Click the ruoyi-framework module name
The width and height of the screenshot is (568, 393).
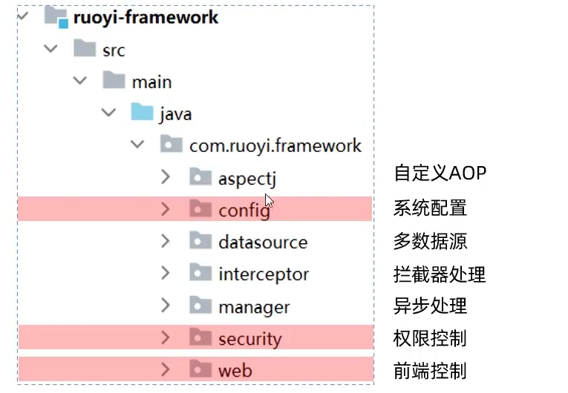(x=146, y=17)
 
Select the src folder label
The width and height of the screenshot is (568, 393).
(x=114, y=50)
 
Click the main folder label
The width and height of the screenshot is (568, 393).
(x=151, y=82)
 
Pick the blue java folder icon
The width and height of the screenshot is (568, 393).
(x=143, y=113)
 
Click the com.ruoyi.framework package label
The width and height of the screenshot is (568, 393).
(x=275, y=145)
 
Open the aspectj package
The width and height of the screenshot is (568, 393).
(x=247, y=179)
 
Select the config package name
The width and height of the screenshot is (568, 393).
(x=244, y=211)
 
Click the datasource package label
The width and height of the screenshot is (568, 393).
(x=263, y=242)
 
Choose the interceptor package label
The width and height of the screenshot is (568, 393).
(x=264, y=274)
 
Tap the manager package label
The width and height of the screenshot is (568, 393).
(x=254, y=306)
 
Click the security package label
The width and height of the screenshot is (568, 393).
(x=250, y=339)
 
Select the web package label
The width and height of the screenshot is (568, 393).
(x=235, y=371)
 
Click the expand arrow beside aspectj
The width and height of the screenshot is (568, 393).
(x=166, y=177)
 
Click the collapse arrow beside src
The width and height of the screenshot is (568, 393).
(x=50, y=49)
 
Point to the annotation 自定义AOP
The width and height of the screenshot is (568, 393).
(x=440, y=174)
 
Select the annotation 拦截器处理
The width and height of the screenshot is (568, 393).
(x=439, y=274)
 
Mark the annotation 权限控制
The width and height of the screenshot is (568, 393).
(x=430, y=338)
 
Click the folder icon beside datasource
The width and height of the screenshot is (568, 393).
(x=200, y=241)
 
